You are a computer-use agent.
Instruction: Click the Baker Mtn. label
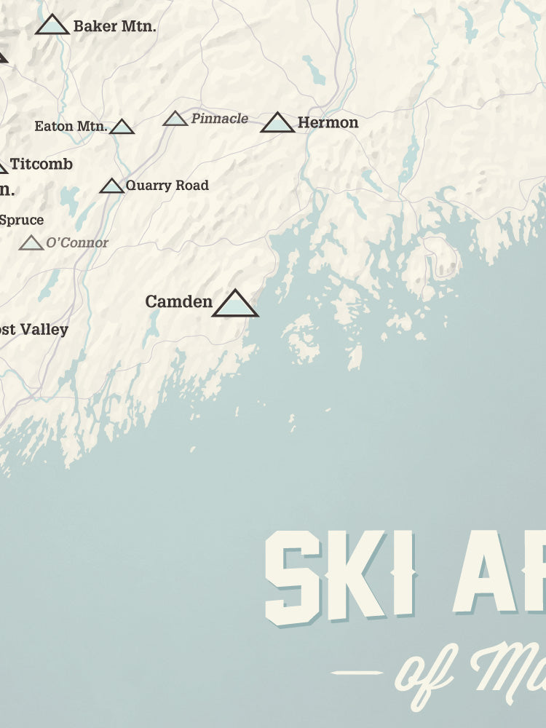pyautogui.click(x=115, y=27)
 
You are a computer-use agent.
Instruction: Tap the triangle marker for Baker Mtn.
pyautogui.click(x=52, y=25)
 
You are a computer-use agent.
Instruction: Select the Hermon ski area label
pyautogui.click(x=328, y=122)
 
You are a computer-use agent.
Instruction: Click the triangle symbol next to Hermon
pyautogui.click(x=277, y=123)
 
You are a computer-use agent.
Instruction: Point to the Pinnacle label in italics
pyautogui.click(x=219, y=118)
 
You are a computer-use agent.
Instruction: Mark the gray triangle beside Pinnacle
pyautogui.click(x=175, y=119)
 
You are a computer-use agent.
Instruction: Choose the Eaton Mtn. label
pyautogui.click(x=71, y=126)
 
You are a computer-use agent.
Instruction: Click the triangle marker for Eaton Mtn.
pyautogui.click(x=122, y=127)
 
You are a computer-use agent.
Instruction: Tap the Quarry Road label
pyautogui.click(x=167, y=185)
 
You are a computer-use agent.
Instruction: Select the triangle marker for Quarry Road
pyautogui.click(x=112, y=186)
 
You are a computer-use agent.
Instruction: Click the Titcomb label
pyautogui.click(x=41, y=164)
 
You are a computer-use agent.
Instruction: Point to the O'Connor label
pyautogui.click(x=77, y=242)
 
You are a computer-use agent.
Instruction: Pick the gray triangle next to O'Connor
pyautogui.click(x=31, y=243)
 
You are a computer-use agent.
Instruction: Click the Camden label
pyautogui.click(x=178, y=301)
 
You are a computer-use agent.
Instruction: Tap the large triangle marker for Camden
pyautogui.click(x=235, y=304)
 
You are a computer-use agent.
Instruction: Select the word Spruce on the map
pyautogui.click(x=22, y=220)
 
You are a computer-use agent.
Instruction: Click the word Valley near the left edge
pyautogui.click(x=44, y=329)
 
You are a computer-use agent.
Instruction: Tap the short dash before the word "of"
pyautogui.click(x=357, y=673)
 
